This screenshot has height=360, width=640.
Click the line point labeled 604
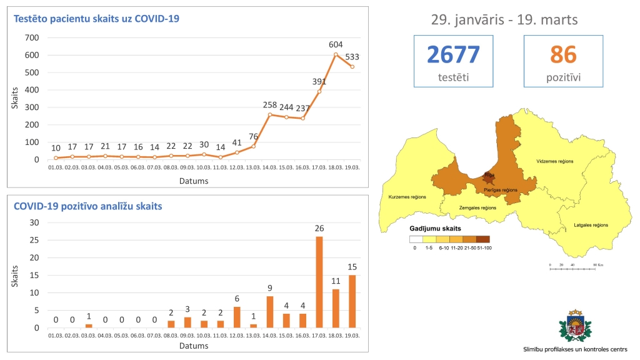(336, 54)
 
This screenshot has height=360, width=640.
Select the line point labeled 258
(270, 114)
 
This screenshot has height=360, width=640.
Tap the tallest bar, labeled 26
(319, 282)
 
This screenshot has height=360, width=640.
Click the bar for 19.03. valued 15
(352, 301)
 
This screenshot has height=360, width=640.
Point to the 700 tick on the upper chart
(31, 37)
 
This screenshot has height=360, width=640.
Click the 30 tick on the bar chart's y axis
(34, 222)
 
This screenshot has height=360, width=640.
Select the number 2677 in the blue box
(453, 55)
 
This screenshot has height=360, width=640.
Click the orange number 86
(563, 55)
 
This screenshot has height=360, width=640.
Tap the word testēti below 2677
(453, 77)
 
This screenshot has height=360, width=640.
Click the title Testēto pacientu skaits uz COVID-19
(97, 19)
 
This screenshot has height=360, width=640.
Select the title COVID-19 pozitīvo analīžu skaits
(87, 205)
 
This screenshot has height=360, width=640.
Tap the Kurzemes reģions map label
(407, 197)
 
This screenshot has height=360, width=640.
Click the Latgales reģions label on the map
(591, 225)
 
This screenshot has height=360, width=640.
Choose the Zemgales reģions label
(477, 208)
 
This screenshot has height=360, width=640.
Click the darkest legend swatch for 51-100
(482, 239)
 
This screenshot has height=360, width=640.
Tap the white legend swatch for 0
(416, 239)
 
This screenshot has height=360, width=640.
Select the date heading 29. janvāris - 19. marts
(504, 19)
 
